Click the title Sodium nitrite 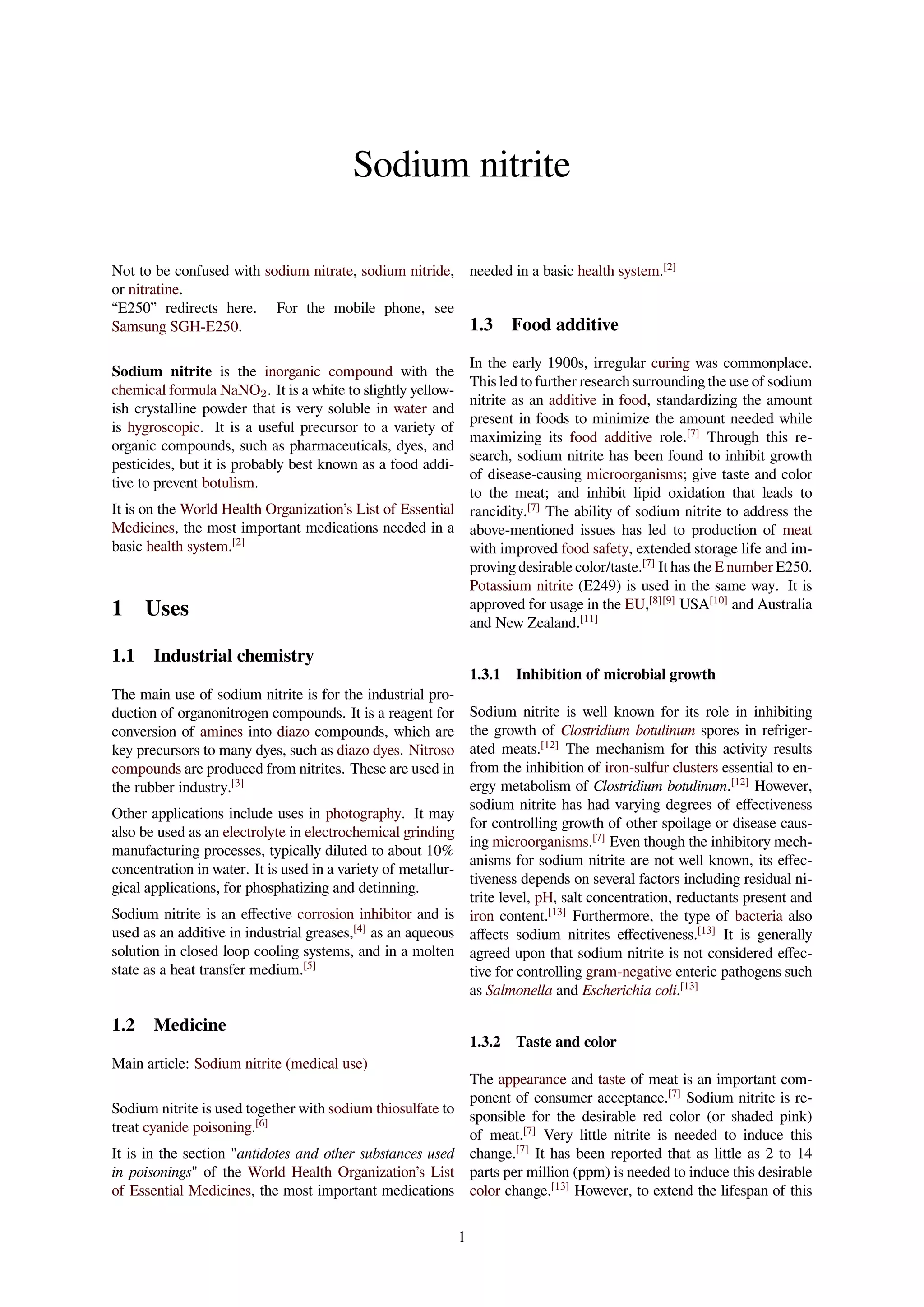[x=462, y=165]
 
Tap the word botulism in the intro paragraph [x=228, y=483]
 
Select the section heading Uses [x=166, y=608]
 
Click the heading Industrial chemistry [x=233, y=656]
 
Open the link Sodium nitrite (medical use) [x=281, y=1064]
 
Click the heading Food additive [x=564, y=324]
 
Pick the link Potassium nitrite [x=521, y=586]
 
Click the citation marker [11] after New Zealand [x=589, y=620]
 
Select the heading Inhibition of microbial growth [x=615, y=675]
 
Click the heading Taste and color [x=566, y=1042]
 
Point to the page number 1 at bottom [x=462, y=1237]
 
